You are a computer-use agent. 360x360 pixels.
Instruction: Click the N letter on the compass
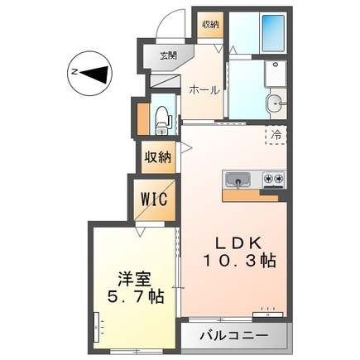[74, 73]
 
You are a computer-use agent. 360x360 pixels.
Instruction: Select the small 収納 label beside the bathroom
[210, 24]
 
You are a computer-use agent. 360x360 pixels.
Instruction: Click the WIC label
[155, 199]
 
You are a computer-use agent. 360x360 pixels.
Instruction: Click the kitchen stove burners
[272, 179]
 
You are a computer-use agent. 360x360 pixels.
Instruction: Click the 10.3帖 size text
[240, 261]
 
